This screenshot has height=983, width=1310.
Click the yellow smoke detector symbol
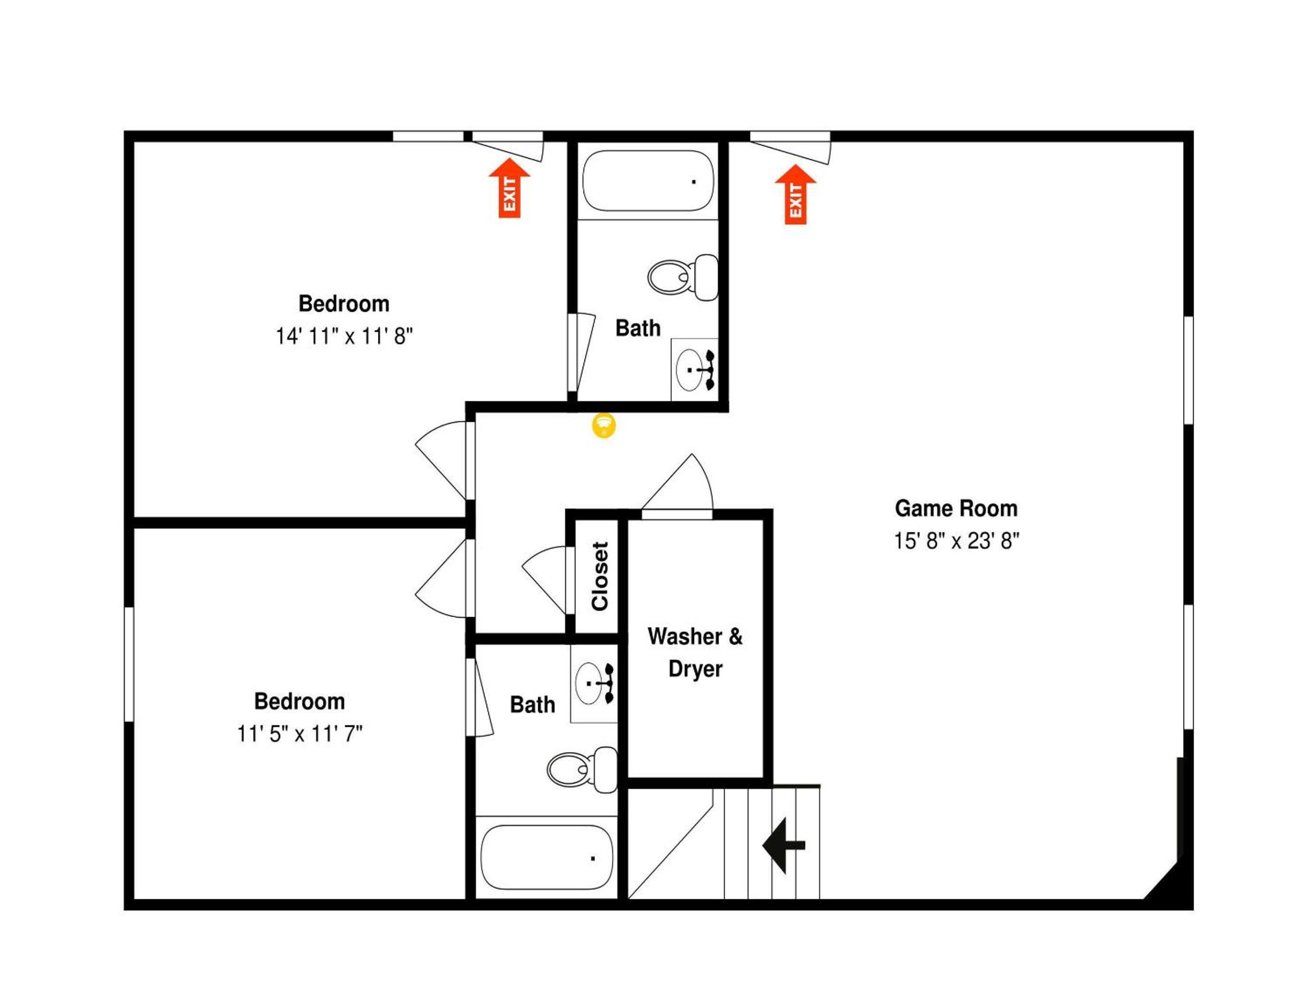click(x=604, y=426)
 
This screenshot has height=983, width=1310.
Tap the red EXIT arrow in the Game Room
click(x=796, y=194)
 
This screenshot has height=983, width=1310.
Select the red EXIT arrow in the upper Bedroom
click(x=509, y=188)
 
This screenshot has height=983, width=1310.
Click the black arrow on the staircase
click(x=783, y=846)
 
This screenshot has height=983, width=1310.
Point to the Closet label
click(x=600, y=576)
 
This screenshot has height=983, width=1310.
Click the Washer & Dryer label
click(x=695, y=652)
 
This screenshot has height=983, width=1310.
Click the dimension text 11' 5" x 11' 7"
click(x=300, y=734)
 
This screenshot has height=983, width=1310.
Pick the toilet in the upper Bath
click(x=682, y=277)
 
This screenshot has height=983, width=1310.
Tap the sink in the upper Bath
click(x=694, y=370)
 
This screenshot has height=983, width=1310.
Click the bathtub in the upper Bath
click(x=648, y=181)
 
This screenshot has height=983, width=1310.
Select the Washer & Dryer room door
click(x=677, y=485)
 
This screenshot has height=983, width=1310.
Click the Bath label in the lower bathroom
click(x=532, y=705)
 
